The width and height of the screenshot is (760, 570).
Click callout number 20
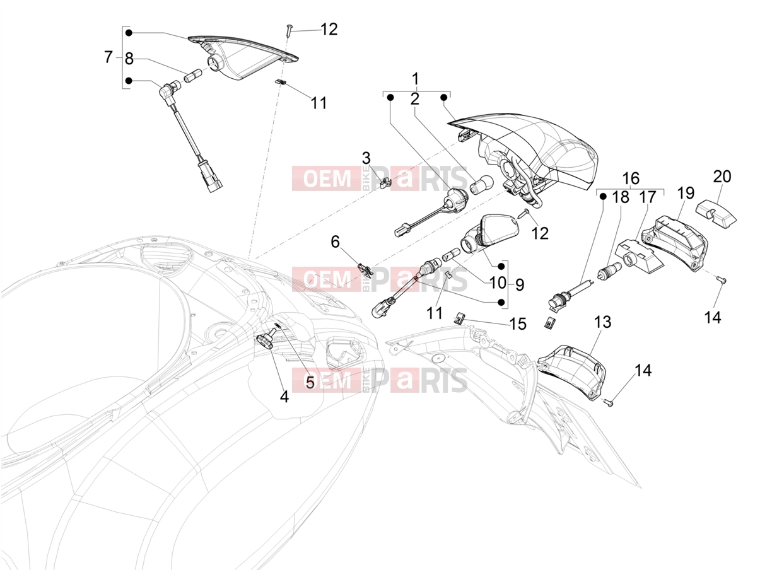point(722,177)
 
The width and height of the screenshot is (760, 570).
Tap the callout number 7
point(108,57)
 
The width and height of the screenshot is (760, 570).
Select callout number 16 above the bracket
point(631,178)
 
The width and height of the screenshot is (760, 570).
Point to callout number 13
point(602,322)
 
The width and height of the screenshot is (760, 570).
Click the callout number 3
point(366,158)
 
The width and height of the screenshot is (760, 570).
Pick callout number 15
point(518,324)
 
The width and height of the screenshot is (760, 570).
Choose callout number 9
point(520,284)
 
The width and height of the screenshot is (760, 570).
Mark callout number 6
point(335,242)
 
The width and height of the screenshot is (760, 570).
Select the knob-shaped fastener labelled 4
point(266,338)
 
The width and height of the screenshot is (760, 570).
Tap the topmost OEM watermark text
point(327,179)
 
